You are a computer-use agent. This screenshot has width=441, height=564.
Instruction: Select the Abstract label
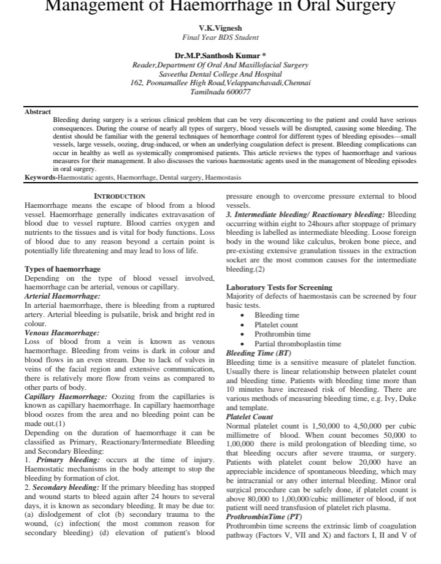click(x=37, y=111)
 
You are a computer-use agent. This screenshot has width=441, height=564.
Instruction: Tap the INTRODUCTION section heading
click(x=119, y=196)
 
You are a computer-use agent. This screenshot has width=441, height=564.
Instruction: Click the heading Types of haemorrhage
click(x=63, y=269)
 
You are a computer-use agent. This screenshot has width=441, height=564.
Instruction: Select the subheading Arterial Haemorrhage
click(x=62, y=296)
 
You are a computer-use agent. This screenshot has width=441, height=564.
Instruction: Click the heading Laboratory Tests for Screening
click(x=279, y=287)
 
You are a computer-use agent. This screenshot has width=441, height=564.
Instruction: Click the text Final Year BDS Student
click(x=220, y=37)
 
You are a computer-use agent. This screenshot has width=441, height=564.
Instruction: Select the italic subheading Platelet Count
click(x=250, y=416)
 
